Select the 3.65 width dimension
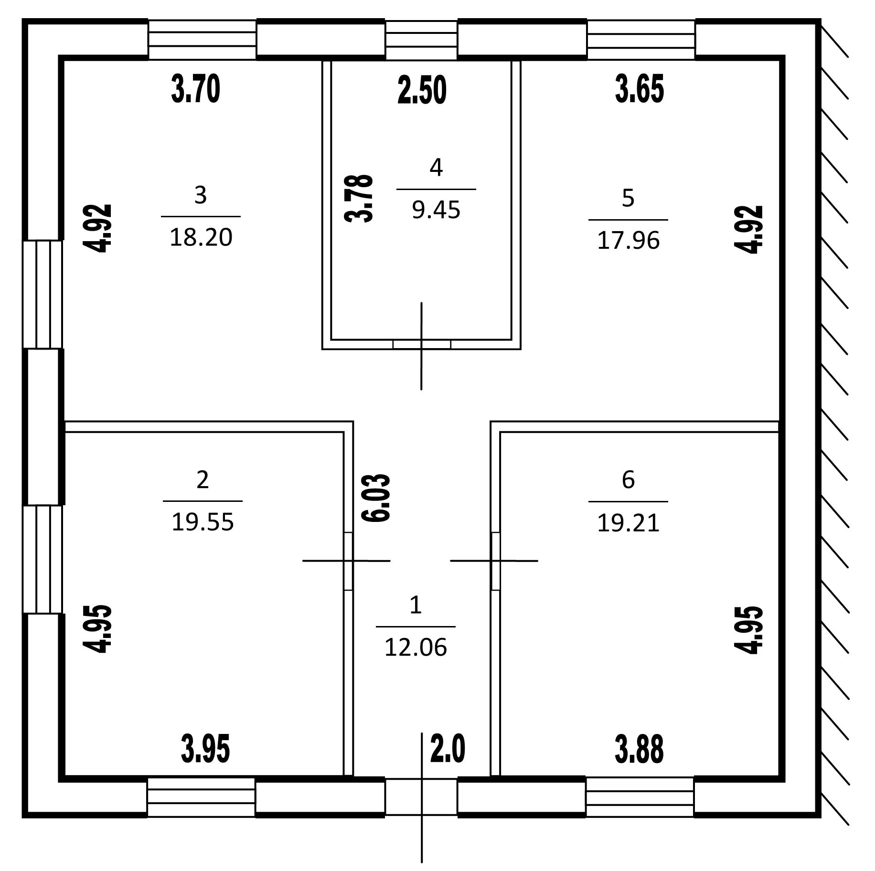(639, 90)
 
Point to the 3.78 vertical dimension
(358, 198)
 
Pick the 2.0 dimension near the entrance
(448, 749)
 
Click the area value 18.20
(201, 237)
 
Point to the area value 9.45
(436, 210)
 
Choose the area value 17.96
(628, 241)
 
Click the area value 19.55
(203, 522)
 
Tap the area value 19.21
(628, 523)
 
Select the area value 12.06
(416, 648)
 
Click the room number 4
(436, 168)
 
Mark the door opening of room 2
(348, 561)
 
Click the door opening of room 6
(496, 561)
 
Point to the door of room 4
(421, 344)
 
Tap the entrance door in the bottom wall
(421, 797)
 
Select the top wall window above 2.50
(421, 40)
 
